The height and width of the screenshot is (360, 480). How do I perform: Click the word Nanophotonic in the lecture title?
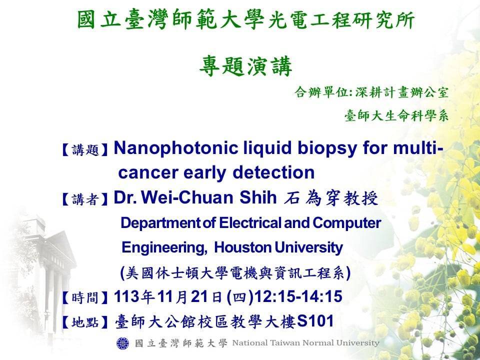(175, 148)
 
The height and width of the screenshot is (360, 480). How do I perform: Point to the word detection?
(273, 172)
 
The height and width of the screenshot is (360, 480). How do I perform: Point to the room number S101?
(315, 321)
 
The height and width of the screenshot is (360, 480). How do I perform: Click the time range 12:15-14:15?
(298, 296)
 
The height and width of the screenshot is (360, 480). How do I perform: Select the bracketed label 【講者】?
(85, 199)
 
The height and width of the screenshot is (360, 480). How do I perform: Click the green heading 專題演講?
(245, 66)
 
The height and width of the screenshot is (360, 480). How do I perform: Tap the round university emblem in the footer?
(123, 343)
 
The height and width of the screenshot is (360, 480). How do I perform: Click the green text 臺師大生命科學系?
(396, 115)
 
